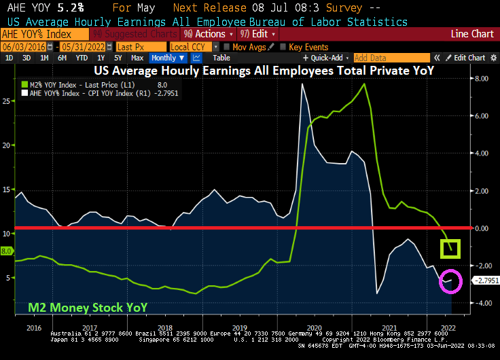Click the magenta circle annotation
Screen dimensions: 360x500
point(450,280)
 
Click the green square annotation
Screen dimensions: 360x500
point(448,249)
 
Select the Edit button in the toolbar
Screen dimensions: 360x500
point(257,34)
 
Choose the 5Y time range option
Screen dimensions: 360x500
point(117,58)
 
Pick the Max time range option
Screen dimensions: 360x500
point(137,58)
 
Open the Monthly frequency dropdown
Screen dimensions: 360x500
point(168,58)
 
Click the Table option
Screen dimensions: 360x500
point(221,58)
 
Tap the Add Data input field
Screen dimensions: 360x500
point(391,58)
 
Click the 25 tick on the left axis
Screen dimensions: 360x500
point(7,101)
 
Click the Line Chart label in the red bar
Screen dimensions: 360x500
point(473,34)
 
